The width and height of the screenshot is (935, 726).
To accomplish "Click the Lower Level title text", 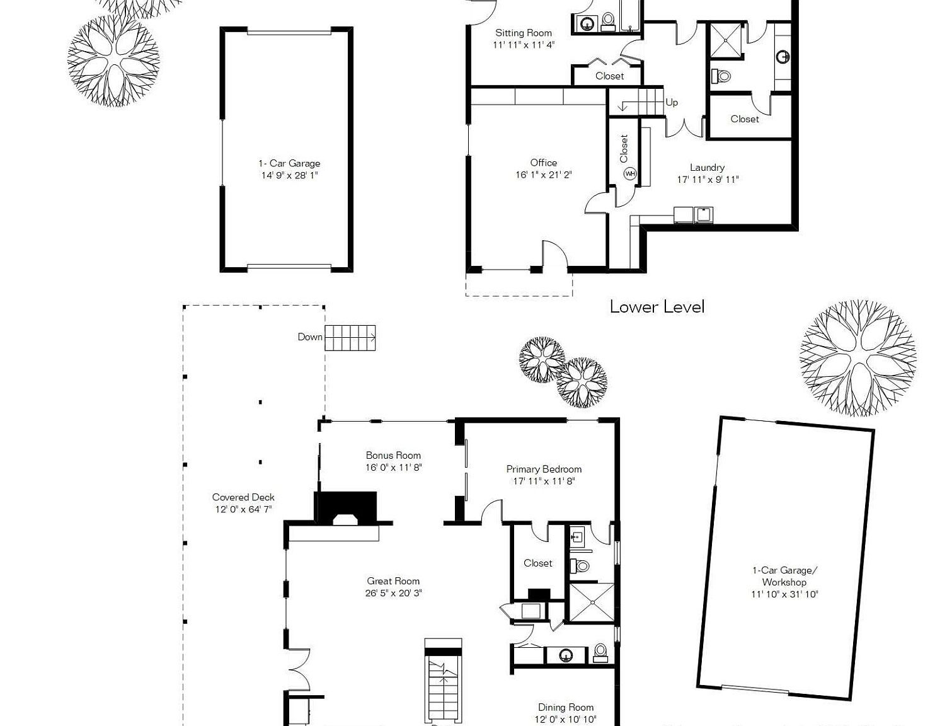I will (x=657, y=307).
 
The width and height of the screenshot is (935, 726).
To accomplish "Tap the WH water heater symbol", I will (x=629, y=173).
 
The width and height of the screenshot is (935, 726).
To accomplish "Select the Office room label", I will (x=543, y=163).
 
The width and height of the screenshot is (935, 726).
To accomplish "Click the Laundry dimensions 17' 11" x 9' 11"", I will (x=708, y=180).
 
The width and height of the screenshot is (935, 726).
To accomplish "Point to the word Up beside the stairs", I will (x=672, y=102).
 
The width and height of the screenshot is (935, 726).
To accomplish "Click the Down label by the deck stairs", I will (x=309, y=337).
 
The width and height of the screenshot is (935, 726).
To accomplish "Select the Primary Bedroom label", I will (x=544, y=469).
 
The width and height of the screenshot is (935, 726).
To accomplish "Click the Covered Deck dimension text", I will (x=243, y=509).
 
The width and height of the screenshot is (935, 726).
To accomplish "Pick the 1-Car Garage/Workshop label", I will (x=784, y=576).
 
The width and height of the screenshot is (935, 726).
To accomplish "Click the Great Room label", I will (x=393, y=581).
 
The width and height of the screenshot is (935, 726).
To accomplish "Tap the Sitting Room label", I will (x=523, y=33).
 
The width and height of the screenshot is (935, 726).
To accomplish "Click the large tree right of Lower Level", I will (x=858, y=358).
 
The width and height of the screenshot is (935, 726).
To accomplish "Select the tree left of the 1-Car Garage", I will (x=113, y=61).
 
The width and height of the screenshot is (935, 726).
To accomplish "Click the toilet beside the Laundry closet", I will (x=722, y=76).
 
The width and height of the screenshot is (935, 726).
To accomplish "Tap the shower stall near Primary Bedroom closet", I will (x=591, y=603).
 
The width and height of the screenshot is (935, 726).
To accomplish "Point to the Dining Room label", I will (x=565, y=707).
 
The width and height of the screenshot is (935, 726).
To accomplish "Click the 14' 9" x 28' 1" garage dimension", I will (x=289, y=175).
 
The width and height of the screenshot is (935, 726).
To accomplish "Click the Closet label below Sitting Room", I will (x=609, y=76).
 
